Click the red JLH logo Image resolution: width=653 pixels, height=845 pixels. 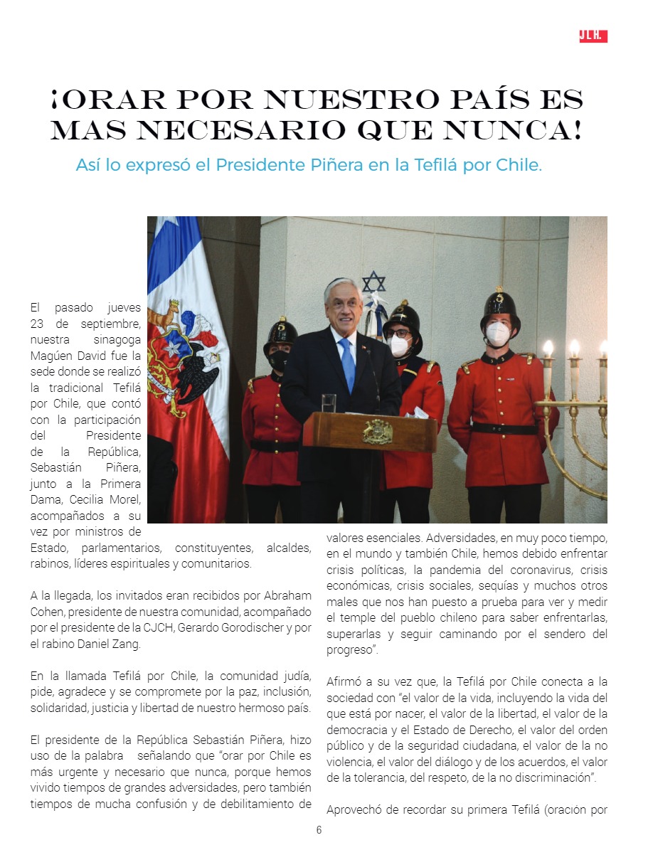click(x=593, y=36)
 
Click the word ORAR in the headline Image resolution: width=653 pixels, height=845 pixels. click(x=120, y=100)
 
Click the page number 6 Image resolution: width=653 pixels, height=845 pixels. click(x=319, y=830)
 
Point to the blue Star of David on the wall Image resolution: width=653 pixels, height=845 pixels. click(x=373, y=282)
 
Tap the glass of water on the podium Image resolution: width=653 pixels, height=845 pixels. click(x=328, y=403)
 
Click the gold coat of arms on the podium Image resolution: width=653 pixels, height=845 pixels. click(x=377, y=432)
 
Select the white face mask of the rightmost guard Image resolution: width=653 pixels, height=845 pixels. click(x=497, y=333)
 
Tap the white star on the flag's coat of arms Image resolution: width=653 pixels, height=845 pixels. click(x=174, y=349)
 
